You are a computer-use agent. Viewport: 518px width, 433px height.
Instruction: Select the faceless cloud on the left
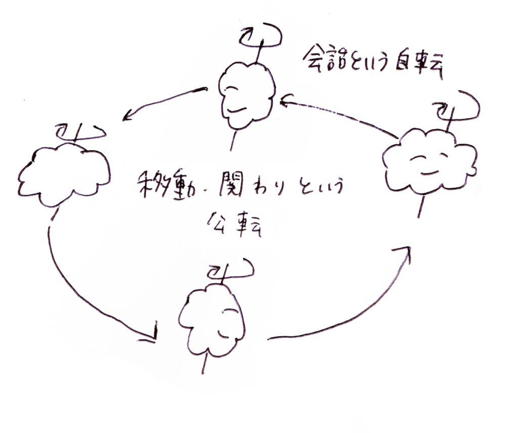(64, 175)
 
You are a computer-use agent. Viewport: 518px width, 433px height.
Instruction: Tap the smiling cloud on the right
(429, 161)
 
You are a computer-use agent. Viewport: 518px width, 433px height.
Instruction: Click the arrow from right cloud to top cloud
(339, 115)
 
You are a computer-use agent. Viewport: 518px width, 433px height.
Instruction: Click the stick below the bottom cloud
(204, 363)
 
